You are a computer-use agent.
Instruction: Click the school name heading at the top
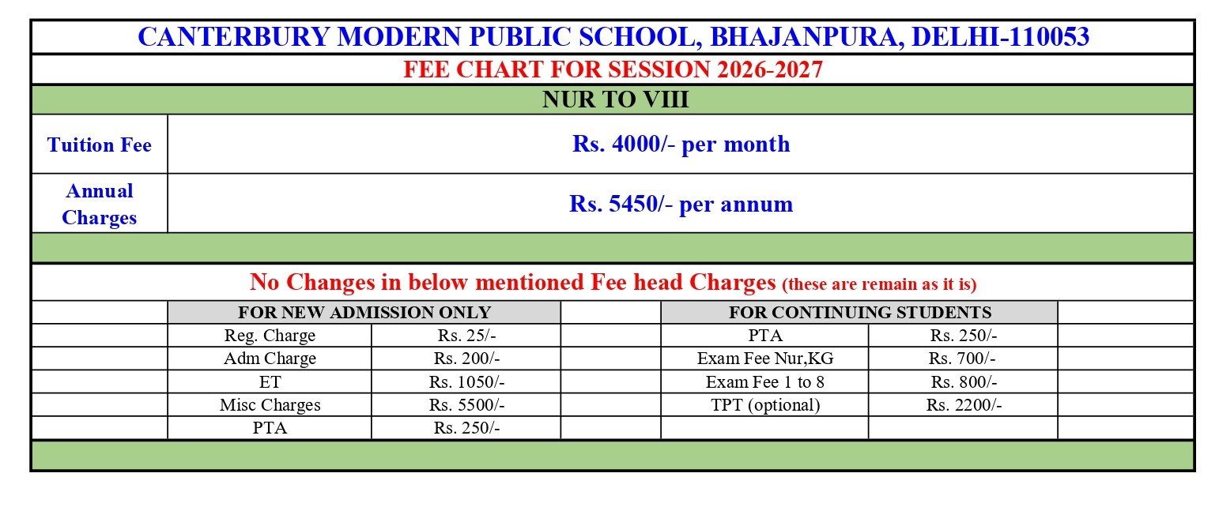coord(613,37)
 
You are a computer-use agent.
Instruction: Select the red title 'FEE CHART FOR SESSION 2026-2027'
coord(613,69)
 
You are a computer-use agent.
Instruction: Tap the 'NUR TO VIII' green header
coord(613,100)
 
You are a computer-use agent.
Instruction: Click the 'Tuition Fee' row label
coord(100,145)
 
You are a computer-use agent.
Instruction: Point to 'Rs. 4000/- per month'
coord(681,145)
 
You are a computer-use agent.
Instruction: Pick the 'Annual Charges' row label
coord(100,204)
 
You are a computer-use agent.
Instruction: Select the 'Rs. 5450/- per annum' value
coord(681,204)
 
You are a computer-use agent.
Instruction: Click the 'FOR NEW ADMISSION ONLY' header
coord(364,312)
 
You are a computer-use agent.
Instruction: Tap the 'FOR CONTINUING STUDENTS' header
coord(859,312)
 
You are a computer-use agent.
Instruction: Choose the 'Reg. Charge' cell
coord(270,336)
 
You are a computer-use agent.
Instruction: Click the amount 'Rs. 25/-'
coord(466,336)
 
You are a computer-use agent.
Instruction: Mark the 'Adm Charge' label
coord(270,359)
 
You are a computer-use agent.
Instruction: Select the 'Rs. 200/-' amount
coord(466,359)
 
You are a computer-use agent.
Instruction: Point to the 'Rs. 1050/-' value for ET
coord(466,382)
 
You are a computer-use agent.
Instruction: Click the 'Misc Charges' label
coord(270,405)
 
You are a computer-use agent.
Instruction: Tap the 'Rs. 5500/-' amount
coord(466,405)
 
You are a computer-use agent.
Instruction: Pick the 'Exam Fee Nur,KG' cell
coord(764,359)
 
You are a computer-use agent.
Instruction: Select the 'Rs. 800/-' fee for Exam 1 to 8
coord(964,382)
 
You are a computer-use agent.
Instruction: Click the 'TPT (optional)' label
coord(764,405)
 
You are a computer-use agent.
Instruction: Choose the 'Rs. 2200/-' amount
coord(964,405)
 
